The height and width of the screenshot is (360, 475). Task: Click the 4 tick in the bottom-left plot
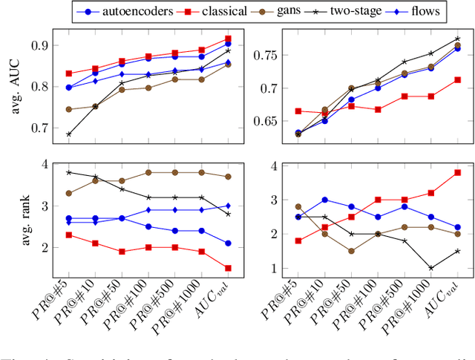[43, 164]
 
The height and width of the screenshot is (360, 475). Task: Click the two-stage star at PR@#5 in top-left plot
[69, 134]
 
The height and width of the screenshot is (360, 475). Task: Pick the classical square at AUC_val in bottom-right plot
[457, 172]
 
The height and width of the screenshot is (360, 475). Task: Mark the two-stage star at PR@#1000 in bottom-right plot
[430, 268]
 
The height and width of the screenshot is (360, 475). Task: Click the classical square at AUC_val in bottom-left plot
[227, 268]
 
